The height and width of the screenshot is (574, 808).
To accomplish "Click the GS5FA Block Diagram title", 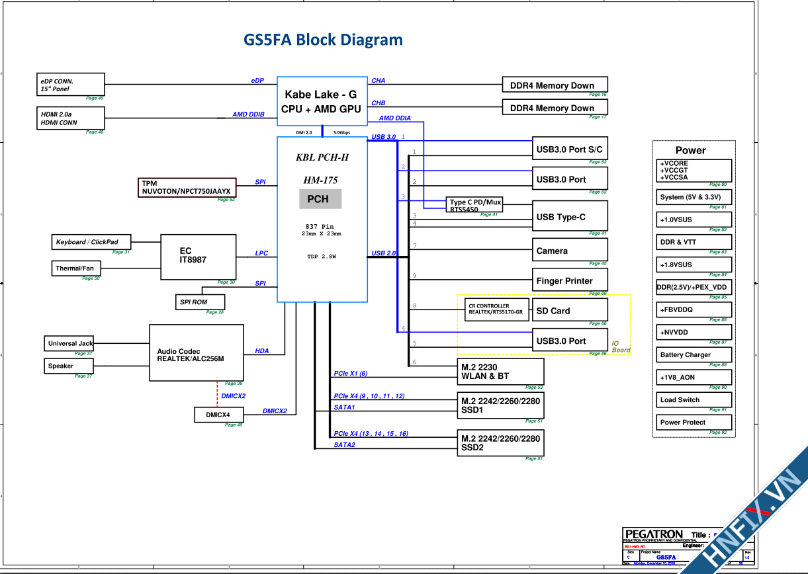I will click(323, 40).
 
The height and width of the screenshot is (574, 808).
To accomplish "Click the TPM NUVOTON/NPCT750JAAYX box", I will click(187, 187).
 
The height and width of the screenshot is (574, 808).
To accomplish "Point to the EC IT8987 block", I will click(199, 257).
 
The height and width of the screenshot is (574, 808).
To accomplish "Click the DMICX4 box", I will click(219, 415).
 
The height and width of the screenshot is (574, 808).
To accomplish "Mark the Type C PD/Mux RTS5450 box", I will click(474, 205).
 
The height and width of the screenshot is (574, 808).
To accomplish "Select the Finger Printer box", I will click(570, 280).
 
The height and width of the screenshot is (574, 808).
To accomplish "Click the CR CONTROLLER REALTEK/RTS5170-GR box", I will click(494, 309).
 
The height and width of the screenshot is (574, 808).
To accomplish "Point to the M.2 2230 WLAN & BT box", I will click(500, 372).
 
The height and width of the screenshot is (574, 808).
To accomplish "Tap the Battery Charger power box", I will click(693, 355).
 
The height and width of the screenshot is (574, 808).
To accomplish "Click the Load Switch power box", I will click(693, 400).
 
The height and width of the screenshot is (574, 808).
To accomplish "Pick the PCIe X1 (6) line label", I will click(351, 374).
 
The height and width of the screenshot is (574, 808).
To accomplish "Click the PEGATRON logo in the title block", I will click(654, 534).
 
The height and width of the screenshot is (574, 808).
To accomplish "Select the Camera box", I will click(570, 251).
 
